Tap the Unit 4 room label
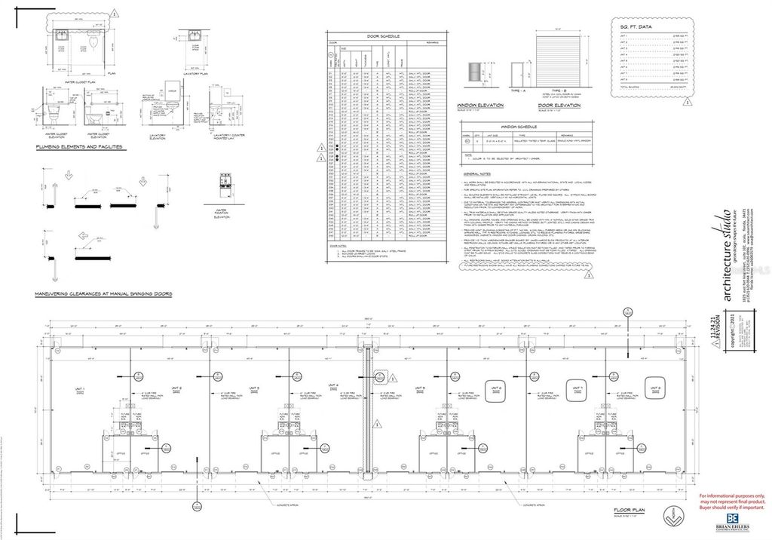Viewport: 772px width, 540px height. [x=332, y=385]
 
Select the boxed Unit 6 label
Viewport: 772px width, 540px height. [x=495, y=389]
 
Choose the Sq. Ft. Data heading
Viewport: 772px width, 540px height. [x=636, y=26]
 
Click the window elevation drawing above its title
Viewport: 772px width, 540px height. [x=473, y=72]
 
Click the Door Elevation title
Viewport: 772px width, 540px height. [x=553, y=106]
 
